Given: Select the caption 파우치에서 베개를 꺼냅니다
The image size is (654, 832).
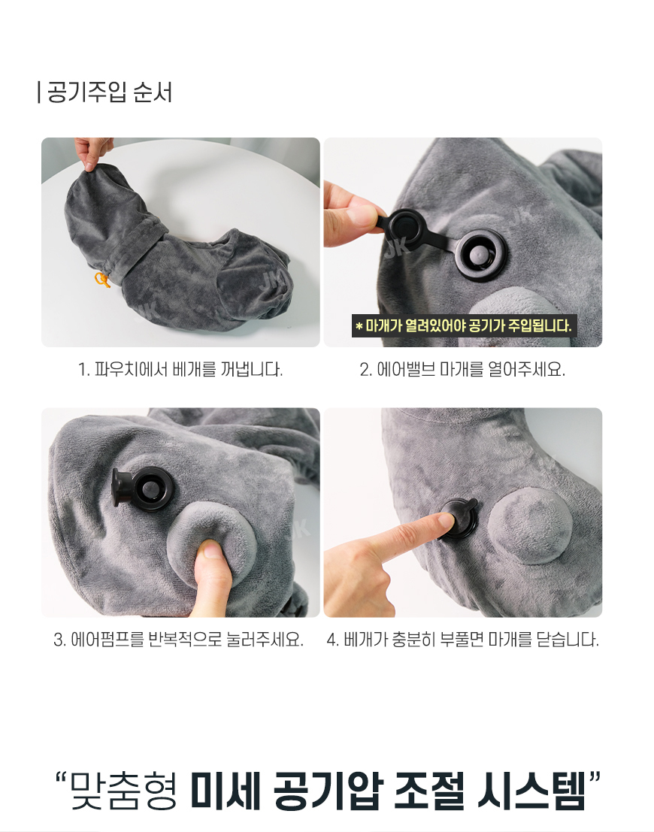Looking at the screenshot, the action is click(180, 369).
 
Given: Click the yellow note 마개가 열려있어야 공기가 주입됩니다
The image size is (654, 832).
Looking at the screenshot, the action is click(463, 325).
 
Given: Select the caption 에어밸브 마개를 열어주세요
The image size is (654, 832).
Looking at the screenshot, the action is click(462, 369).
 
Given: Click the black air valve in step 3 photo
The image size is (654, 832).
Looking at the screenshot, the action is click(144, 489).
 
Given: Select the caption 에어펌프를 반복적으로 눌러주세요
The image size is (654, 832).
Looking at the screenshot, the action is click(178, 640).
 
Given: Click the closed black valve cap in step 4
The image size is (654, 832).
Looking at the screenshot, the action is click(460, 519).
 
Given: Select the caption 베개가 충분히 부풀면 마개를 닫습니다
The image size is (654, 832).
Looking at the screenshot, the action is click(463, 640).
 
